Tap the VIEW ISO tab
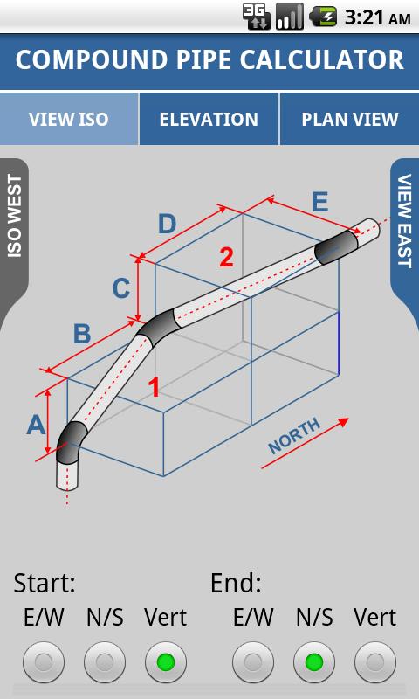(69, 119)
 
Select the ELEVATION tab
(209, 119)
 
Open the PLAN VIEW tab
(349, 119)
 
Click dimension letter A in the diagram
(36, 425)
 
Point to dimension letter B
(82, 333)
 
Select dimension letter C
(122, 287)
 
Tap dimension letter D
(167, 224)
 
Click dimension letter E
(319, 203)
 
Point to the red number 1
(155, 386)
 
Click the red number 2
(226, 257)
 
